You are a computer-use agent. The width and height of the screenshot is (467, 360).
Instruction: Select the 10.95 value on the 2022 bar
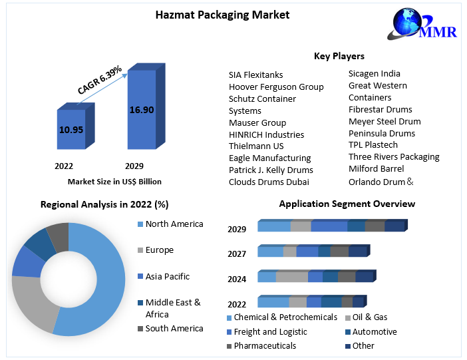[71, 130]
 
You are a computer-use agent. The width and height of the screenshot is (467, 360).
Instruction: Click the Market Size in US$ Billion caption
[114, 181]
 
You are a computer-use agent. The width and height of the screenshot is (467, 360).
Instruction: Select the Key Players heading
[339, 56]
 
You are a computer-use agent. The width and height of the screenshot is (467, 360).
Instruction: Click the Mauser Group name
[257, 122]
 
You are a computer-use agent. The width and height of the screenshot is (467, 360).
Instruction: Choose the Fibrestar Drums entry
[381, 109]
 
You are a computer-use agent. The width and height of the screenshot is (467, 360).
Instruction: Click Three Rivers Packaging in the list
[394, 157]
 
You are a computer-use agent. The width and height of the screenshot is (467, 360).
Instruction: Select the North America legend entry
[174, 224]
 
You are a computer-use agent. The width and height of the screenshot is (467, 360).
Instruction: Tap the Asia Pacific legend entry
[167, 276]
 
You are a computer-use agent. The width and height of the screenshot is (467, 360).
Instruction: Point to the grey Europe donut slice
[33, 303]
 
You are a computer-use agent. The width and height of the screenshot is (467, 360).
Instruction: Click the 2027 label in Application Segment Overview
[237, 254]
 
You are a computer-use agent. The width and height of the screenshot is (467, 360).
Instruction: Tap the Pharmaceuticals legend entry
[265, 346]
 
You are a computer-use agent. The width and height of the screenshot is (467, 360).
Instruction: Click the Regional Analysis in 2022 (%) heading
[104, 204]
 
